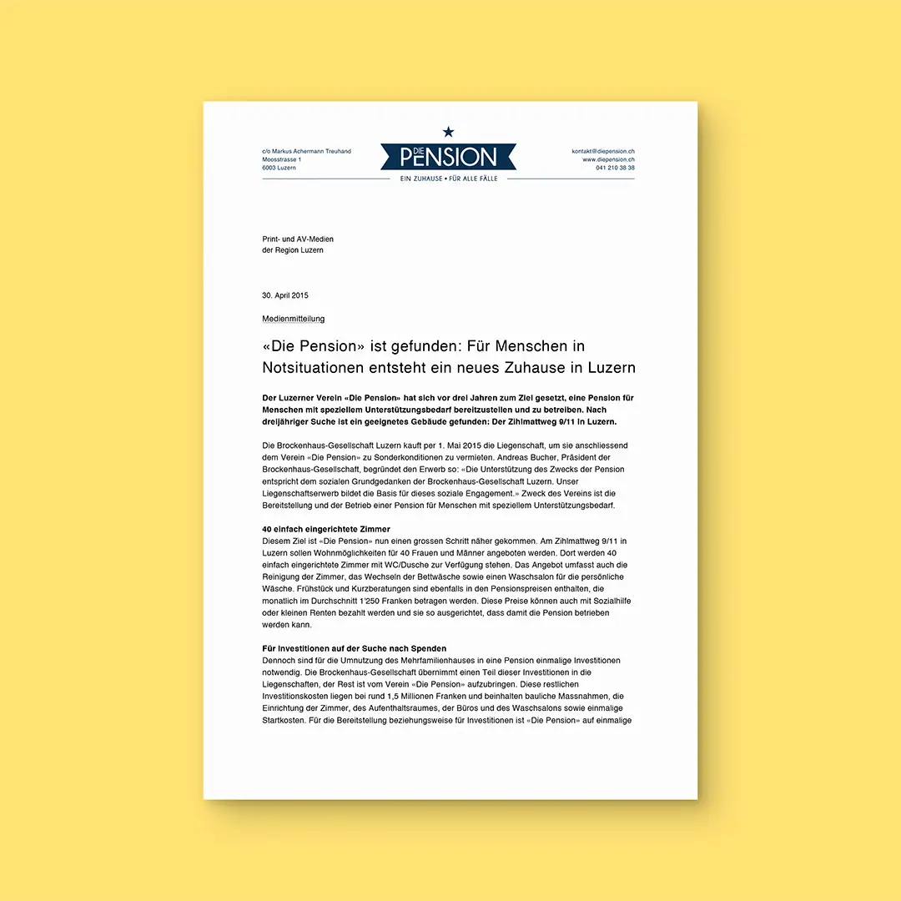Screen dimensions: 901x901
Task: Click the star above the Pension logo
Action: click(x=448, y=131)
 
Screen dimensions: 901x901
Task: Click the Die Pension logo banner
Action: click(x=448, y=156)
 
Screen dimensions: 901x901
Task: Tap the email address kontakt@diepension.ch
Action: click(x=602, y=151)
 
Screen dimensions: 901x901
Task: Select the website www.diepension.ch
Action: click(x=608, y=159)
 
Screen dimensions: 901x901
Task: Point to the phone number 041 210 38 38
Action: click(x=615, y=168)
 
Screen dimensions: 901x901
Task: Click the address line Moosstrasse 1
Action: click(x=282, y=159)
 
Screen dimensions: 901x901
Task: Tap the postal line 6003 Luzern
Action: click(x=279, y=168)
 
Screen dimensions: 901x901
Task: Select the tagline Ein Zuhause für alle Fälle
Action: click(x=448, y=179)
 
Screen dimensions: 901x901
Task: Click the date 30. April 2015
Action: click(x=285, y=295)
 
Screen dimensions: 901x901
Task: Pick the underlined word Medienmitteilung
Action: click(x=293, y=319)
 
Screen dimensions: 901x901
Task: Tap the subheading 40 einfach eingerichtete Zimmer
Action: click(x=326, y=529)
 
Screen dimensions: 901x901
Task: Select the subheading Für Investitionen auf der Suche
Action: click(x=354, y=648)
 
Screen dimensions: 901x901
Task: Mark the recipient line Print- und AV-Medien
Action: click(x=298, y=239)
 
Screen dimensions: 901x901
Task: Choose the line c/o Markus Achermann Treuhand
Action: click(x=306, y=151)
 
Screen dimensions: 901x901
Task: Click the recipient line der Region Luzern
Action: click(x=293, y=250)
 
